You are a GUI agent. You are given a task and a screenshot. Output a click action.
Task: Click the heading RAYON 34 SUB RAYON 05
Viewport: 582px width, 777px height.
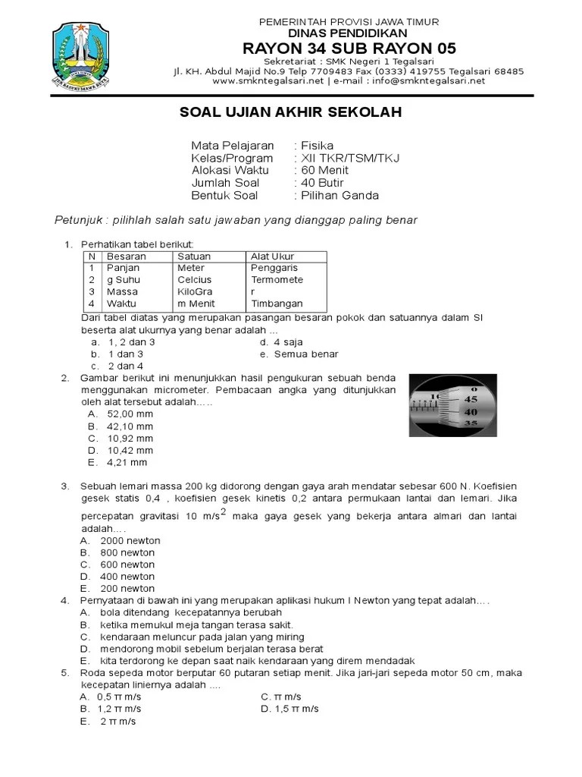(x=349, y=49)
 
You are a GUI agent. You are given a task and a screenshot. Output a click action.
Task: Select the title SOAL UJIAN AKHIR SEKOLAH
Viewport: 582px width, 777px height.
(x=289, y=113)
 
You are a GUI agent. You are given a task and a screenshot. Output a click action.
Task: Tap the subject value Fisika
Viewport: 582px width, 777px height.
(x=318, y=146)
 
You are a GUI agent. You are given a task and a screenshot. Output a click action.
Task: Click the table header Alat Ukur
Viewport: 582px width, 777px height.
(x=273, y=256)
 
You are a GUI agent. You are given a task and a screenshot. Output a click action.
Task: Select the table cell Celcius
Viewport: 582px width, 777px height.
(x=195, y=280)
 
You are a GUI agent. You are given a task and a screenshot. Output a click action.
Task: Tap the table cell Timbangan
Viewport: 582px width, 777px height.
(x=277, y=303)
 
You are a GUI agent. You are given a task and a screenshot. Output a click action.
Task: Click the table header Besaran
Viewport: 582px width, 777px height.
(x=127, y=256)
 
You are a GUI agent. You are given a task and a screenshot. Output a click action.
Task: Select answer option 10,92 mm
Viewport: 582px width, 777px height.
(x=130, y=439)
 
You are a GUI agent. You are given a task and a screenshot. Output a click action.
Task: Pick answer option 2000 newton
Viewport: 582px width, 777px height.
(x=130, y=541)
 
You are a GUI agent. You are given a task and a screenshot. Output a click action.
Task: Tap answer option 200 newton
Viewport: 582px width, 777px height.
(x=127, y=588)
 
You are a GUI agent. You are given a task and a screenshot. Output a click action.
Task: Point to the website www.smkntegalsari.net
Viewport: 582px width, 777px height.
(x=268, y=81)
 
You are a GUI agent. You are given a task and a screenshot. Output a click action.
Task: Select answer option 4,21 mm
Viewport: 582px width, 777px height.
(x=127, y=462)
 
